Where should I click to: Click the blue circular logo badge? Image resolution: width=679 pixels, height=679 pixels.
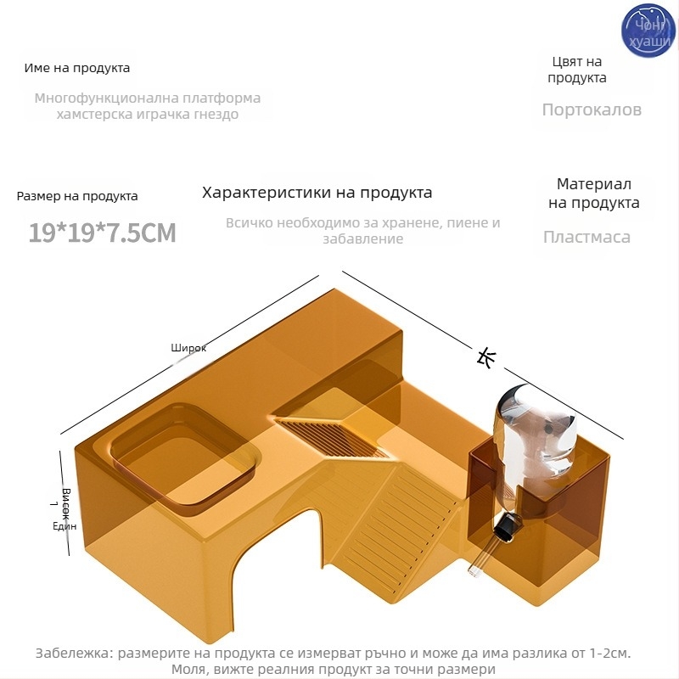[x=648, y=31]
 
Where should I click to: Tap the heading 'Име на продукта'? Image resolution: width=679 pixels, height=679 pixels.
[x=77, y=68]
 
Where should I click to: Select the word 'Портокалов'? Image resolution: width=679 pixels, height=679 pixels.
[x=592, y=109]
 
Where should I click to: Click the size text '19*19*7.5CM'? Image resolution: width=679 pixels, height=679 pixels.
[x=102, y=233]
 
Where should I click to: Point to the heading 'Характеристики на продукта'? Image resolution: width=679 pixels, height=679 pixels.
[x=317, y=193]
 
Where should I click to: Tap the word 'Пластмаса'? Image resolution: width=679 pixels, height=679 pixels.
[x=586, y=237]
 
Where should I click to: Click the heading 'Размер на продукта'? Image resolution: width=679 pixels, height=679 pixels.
[x=77, y=196]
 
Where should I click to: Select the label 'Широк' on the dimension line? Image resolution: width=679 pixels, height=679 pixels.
[x=188, y=348]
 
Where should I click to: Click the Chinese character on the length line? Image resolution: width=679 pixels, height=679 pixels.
[x=485, y=358]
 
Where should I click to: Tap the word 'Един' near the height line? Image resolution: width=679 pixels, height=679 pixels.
[x=65, y=526]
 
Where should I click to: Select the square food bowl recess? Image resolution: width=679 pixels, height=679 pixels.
[x=184, y=458]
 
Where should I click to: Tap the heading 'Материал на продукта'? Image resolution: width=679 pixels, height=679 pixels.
[x=594, y=194]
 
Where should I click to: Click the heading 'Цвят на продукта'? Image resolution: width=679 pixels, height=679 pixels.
[x=577, y=70]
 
